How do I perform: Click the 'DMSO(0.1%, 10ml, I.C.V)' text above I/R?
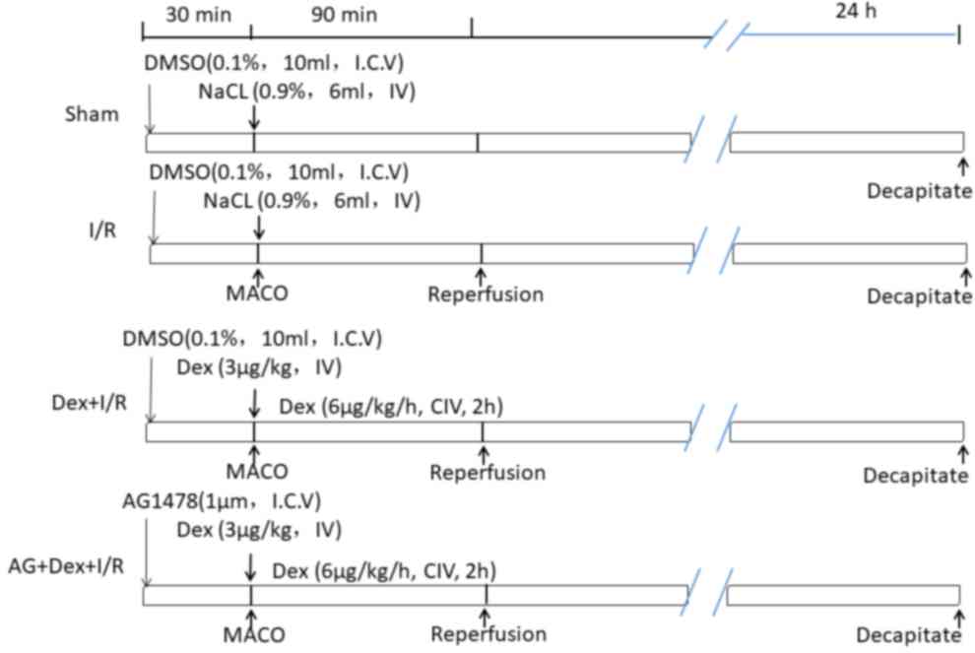279,172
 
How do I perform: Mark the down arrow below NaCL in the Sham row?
254,117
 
